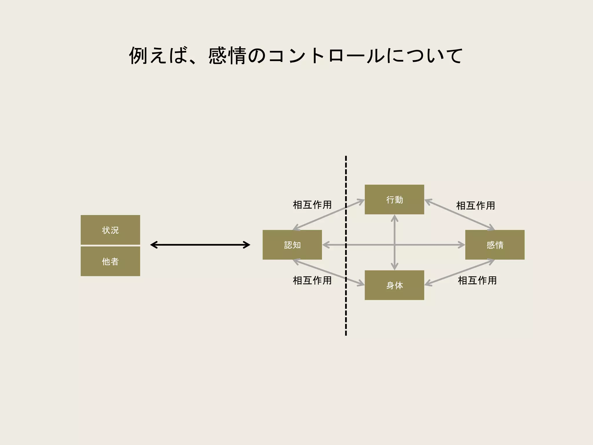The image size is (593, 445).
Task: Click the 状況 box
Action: coord(110,230)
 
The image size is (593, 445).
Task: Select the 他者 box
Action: coord(110,261)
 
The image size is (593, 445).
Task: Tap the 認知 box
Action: coord(292,245)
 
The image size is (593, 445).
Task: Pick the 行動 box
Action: coord(394,200)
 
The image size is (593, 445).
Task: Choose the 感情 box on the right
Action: coord(495,245)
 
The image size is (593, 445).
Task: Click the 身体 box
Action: coord(394,285)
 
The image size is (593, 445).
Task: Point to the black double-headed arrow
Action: coord(200,245)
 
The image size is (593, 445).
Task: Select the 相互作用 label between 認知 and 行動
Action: coord(312,205)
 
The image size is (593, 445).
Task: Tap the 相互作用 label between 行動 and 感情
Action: coord(475,206)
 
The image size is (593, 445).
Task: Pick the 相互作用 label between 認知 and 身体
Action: coord(312,280)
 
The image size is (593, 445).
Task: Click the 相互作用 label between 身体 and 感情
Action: coord(477,280)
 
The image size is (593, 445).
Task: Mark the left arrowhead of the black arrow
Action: coord(153,245)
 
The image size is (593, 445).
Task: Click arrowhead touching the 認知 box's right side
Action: coord(325,245)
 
